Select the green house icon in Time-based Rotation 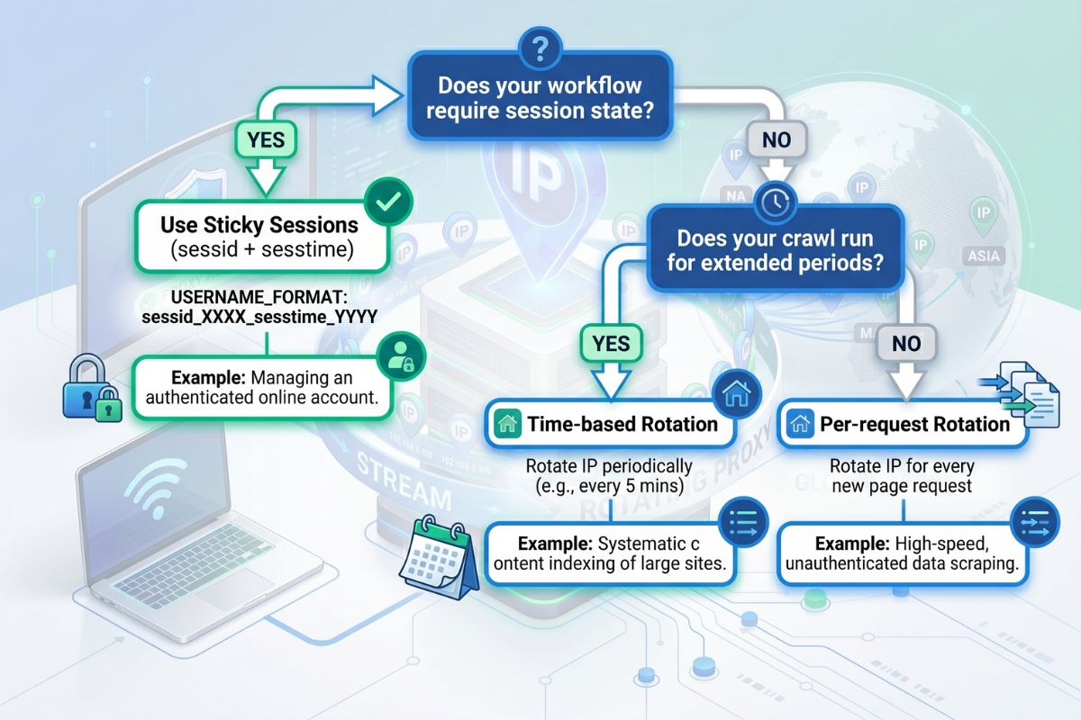[x=508, y=424]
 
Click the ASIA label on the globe [x=984, y=256]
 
